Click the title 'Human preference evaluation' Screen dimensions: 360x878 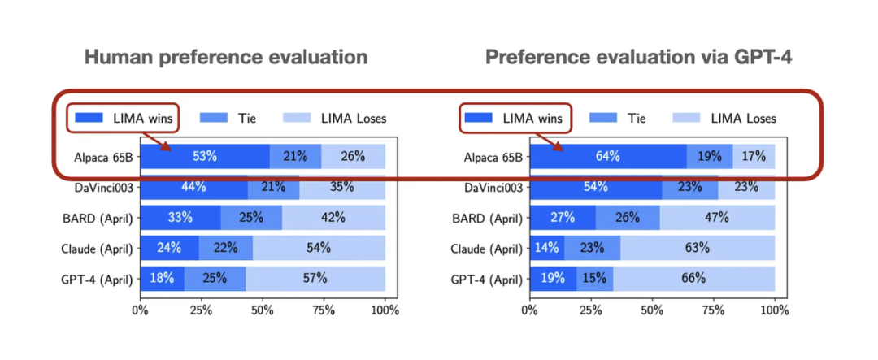pos(226,58)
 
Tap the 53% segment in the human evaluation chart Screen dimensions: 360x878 pos(204,156)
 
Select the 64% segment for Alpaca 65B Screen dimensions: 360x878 pos(607,156)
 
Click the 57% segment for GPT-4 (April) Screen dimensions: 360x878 pos(315,278)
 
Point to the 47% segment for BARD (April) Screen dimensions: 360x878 pos(717,218)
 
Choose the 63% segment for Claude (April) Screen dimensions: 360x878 pos(697,248)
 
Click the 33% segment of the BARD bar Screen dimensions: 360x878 pos(180,218)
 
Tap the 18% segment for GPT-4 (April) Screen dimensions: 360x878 pos(162,278)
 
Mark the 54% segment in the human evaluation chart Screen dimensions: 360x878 pos(319,248)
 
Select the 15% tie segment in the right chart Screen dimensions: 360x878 pos(594,278)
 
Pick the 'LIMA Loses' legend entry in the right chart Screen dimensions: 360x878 pos(724,118)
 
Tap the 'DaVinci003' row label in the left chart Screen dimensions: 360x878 pos(105,187)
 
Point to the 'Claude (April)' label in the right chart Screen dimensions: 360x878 pos(486,248)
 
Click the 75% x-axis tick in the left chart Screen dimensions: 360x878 pos(324,310)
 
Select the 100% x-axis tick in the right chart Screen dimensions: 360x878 pos(775,310)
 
